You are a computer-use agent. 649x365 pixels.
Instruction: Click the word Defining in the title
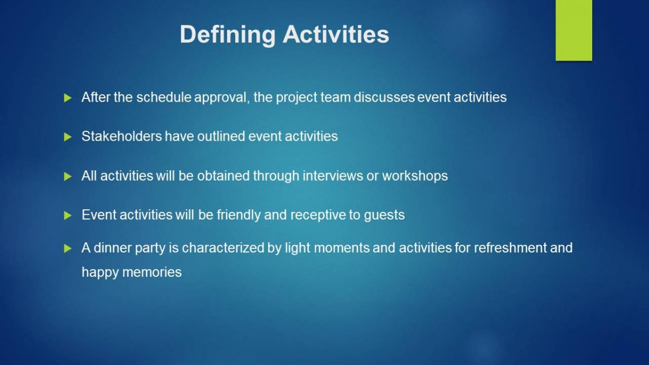228,35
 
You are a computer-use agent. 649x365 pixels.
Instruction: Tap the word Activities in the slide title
336,34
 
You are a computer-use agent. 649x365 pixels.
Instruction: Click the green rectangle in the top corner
574,30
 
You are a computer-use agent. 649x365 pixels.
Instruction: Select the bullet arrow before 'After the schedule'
68,98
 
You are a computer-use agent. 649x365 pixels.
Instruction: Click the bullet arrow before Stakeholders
68,137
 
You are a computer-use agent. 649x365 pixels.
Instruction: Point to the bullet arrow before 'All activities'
68,176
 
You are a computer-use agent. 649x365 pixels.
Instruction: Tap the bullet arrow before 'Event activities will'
68,215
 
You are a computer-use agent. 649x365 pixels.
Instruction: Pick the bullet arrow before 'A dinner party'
68,248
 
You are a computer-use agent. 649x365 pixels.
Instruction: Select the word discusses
384,97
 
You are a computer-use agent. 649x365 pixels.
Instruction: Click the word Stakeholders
122,136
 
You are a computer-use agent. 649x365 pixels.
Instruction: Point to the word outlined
221,136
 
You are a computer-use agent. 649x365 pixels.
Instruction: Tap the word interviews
333,176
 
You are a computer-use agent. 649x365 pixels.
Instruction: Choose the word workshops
415,176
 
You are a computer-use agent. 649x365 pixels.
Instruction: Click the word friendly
239,215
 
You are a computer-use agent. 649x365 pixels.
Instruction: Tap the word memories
152,273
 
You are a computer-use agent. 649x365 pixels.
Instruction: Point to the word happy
100,273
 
